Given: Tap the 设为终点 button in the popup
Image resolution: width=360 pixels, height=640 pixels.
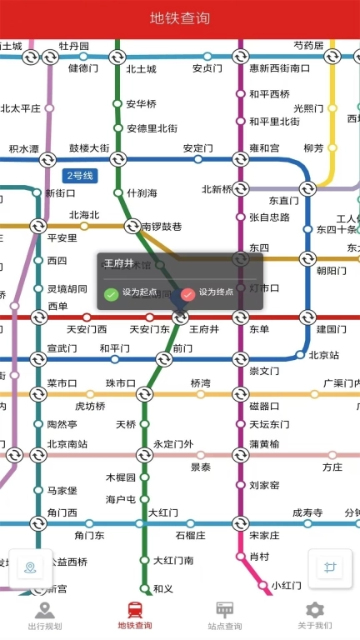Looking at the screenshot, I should tap(207, 292).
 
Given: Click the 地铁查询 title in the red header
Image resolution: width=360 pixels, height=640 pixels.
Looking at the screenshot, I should tap(180, 18).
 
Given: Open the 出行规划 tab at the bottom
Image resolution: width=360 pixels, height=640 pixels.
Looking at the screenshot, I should tap(45, 616).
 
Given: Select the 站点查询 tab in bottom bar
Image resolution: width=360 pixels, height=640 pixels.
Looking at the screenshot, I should tap(224, 616).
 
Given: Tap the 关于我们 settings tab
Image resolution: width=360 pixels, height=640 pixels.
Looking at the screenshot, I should tap(314, 616).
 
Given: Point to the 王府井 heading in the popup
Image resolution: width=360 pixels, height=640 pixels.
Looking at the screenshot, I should tap(119, 263).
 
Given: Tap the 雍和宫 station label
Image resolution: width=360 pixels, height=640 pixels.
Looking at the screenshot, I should tap(263, 148).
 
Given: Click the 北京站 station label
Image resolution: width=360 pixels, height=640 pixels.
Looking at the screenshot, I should tap(324, 355).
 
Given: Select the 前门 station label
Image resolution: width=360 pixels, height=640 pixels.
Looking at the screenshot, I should tap(182, 348).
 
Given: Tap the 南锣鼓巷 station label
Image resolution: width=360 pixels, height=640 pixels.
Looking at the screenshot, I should tap(162, 226).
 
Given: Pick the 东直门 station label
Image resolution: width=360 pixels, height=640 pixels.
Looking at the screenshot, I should tap(283, 201).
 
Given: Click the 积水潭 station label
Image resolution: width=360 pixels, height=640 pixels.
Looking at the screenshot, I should tap(23, 149).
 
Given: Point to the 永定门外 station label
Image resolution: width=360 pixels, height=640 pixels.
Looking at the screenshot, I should tap(173, 444).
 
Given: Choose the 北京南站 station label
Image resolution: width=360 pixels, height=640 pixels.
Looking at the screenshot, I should tap(67, 444).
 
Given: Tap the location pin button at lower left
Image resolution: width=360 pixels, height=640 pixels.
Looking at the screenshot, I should tap(30, 568).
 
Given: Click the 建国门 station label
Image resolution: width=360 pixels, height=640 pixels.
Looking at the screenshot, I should tap(332, 329).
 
